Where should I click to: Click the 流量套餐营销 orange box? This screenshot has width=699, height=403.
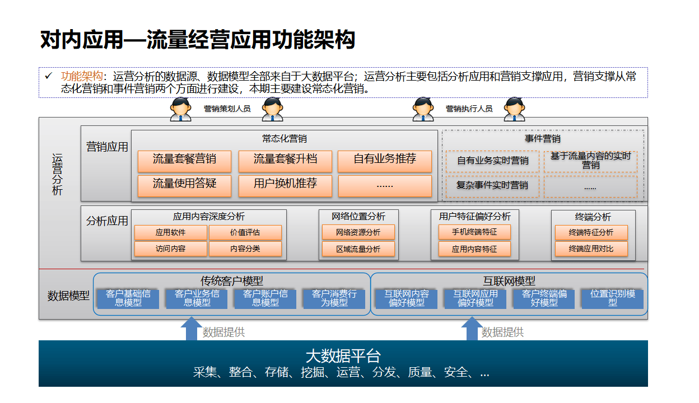point(184,161)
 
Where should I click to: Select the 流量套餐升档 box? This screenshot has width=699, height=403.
point(285,161)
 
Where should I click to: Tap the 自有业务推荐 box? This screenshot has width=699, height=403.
point(385,161)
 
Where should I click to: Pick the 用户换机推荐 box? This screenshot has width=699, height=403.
point(285,186)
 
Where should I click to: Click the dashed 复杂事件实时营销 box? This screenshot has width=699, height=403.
point(492,186)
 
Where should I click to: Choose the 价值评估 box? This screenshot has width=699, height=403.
point(245,232)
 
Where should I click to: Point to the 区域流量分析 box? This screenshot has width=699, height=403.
point(358,249)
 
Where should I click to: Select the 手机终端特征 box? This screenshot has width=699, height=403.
point(474,232)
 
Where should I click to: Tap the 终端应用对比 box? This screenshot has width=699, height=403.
point(591,249)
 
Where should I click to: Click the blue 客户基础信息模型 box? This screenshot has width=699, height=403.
point(128,299)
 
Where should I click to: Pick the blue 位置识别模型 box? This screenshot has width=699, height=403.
point(613,299)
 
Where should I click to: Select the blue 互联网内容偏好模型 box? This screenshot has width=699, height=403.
point(407,299)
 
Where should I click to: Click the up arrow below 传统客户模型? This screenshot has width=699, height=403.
point(192,329)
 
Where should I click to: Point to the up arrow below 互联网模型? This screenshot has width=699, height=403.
point(472,329)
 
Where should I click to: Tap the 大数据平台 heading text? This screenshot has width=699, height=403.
point(343,356)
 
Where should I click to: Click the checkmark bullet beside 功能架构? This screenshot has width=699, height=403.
point(48,76)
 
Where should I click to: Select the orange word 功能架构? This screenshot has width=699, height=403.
point(82,76)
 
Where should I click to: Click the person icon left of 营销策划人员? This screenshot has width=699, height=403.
point(181,109)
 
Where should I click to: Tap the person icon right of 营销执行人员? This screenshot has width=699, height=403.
point(514,109)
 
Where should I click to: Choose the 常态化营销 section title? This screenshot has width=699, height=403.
point(285,138)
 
